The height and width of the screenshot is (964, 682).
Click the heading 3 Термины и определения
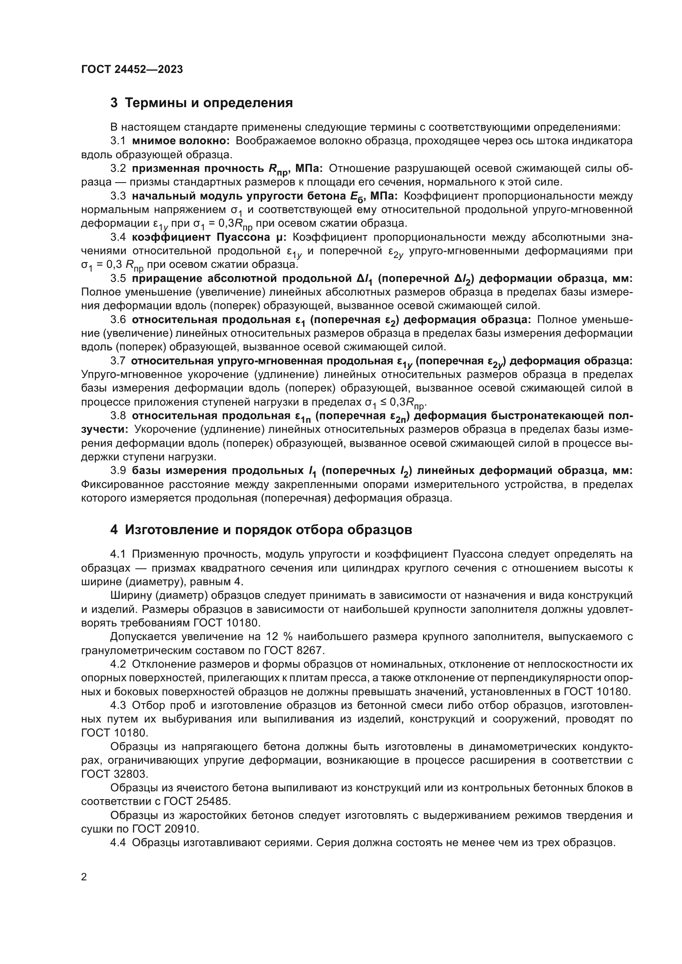coord(202,103)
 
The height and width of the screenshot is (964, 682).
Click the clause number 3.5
coord(118,278)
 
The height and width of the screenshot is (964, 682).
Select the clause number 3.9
coord(118,471)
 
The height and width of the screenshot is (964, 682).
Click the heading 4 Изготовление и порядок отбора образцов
coord(261,530)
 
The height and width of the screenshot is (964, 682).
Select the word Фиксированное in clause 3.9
coord(122,485)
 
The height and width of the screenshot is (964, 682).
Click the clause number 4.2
coord(118,664)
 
